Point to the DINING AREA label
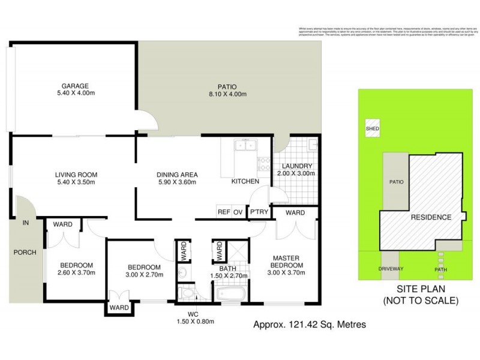click(178, 175)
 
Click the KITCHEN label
click(245, 181)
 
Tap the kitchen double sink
click(245, 145)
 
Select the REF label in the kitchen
click(224, 212)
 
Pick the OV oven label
click(238, 212)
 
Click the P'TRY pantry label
click(259, 212)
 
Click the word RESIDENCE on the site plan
click(430, 217)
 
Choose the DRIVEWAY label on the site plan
click(391, 269)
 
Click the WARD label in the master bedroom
click(295, 212)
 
